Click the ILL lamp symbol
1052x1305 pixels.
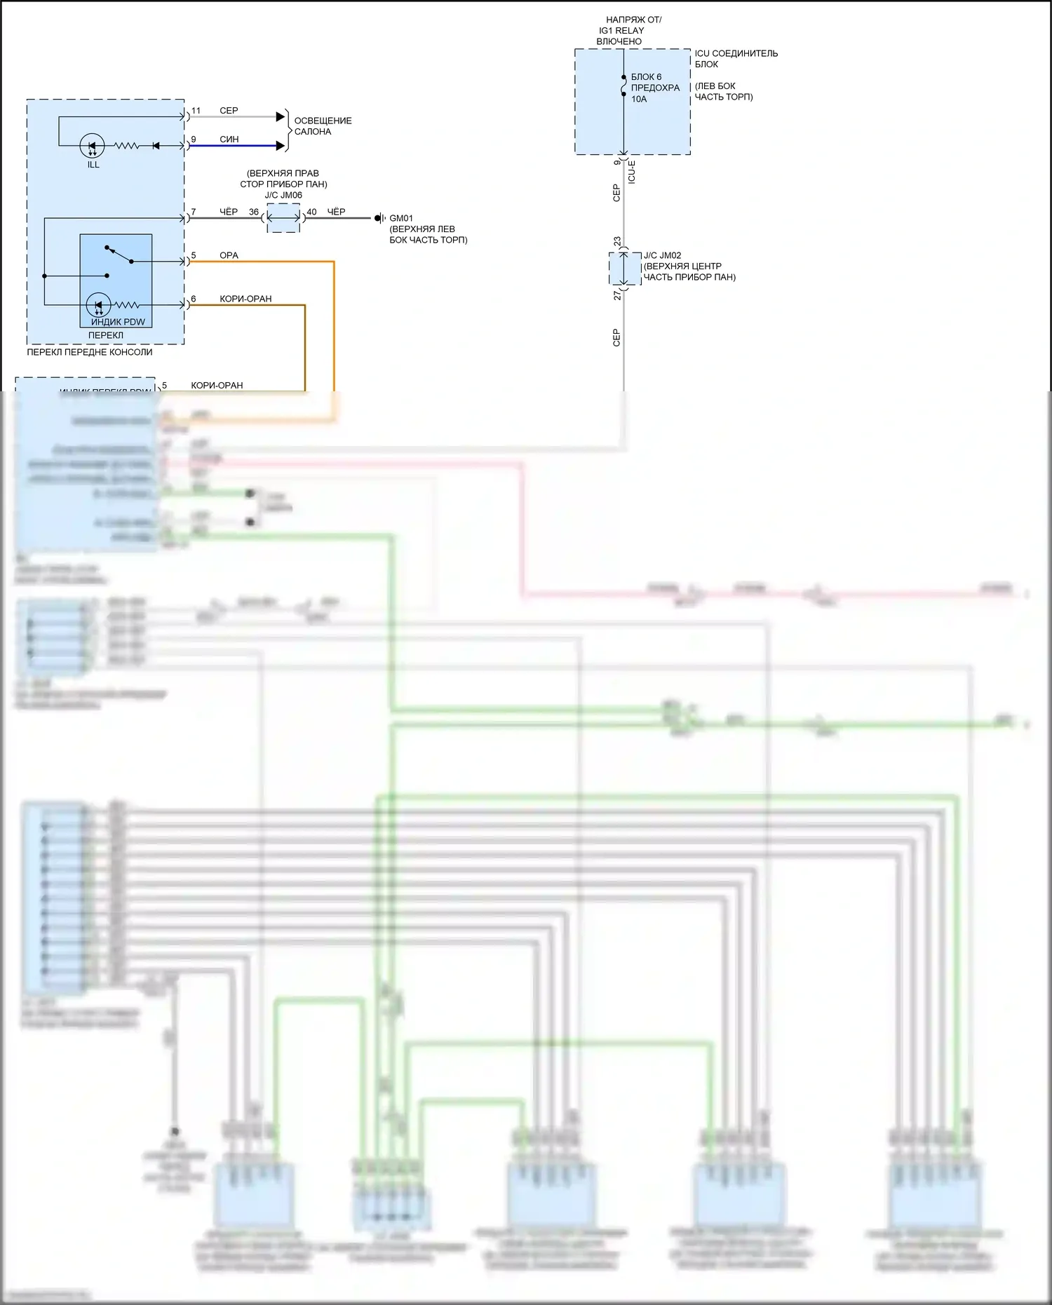point(93,146)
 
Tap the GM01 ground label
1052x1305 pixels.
point(401,218)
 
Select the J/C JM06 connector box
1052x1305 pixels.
point(283,218)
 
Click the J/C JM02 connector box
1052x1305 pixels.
point(624,269)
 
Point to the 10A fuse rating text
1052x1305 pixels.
point(639,99)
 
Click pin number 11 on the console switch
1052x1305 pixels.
point(196,111)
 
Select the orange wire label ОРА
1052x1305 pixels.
point(229,255)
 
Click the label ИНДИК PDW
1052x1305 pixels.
point(118,322)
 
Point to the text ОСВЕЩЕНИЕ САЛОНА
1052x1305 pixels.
point(323,126)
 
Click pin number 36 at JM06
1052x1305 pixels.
point(254,212)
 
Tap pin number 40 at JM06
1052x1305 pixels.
point(311,212)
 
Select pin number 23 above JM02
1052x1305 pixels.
point(617,241)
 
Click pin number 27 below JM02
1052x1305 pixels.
point(617,296)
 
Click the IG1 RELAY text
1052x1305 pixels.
point(621,31)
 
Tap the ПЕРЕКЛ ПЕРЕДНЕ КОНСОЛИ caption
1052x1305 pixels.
point(90,352)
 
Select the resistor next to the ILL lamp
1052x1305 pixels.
point(127,146)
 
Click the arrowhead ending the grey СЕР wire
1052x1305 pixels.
point(281,116)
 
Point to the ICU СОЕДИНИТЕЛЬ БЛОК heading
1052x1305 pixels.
point(736,58)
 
